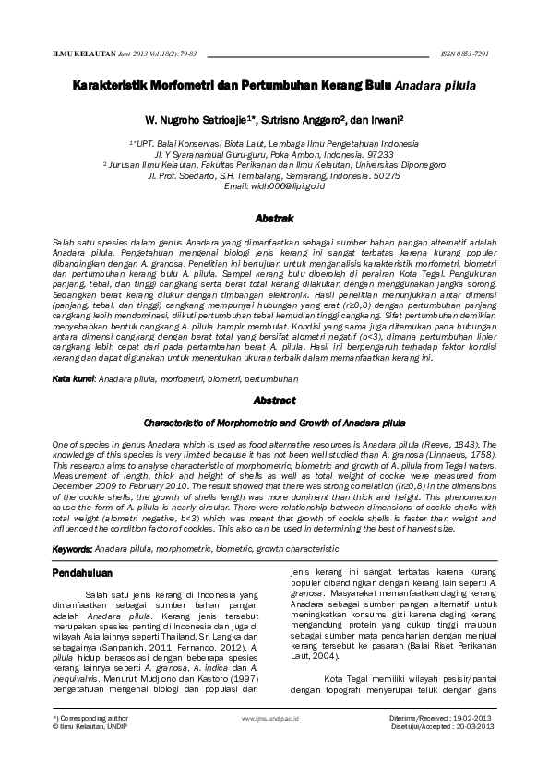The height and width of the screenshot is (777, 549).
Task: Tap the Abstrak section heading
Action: click(274, 218)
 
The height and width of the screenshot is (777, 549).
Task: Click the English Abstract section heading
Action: click(274, 401)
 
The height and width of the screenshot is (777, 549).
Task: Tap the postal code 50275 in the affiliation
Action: click(384, 175)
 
